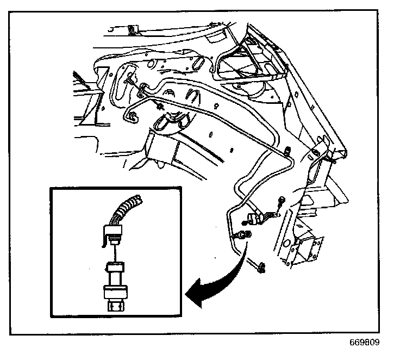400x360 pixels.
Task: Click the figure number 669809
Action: point(365,343)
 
